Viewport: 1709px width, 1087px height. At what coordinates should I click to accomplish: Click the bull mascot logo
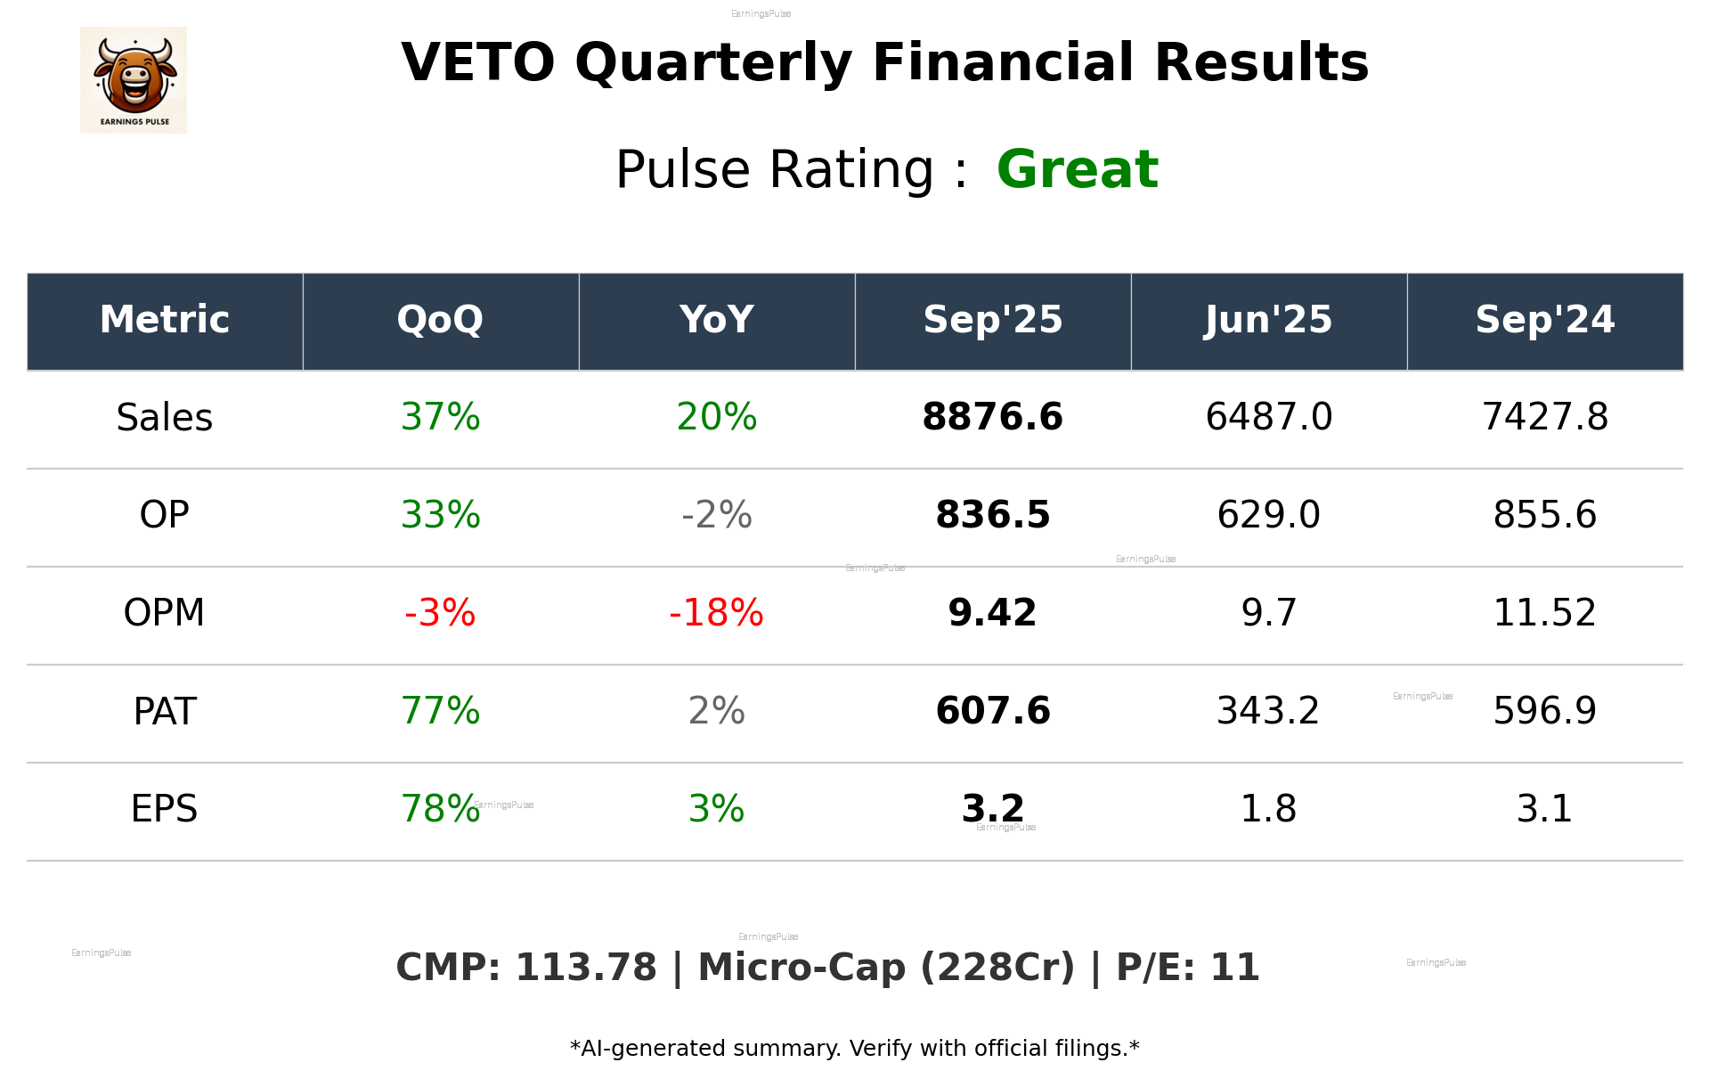tap(134, 79)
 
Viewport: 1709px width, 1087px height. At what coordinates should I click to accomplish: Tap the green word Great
tap(1077, 169)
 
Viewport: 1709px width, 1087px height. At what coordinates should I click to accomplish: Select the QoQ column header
tap(440, 320)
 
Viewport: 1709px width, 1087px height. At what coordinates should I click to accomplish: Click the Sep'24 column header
tap(1544, 320)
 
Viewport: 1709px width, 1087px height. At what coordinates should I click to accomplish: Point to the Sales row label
tap(165, 417)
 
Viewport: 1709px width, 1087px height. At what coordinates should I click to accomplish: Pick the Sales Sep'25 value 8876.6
tap(992, 417)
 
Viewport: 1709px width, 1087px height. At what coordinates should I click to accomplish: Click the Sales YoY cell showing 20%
tap(716, 417)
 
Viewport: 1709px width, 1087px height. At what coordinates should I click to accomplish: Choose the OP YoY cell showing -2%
tap(716, 515)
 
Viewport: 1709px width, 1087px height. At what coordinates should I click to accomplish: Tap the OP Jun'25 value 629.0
tap(1268, 515)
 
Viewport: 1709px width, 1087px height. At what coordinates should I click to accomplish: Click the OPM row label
tap(165, 613)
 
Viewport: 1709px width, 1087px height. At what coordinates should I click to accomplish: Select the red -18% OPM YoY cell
tap(716, 613)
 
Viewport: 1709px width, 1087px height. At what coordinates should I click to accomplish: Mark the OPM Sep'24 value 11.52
tap(1544, 613)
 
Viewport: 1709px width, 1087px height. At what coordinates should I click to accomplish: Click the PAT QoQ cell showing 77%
tap(440, 711)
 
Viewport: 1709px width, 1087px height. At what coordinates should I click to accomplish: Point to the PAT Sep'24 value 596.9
tap(1544, 711)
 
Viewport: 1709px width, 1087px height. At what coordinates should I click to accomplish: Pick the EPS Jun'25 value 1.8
tap(1268, 809)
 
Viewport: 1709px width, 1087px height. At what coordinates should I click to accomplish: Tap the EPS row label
tap(165, 809)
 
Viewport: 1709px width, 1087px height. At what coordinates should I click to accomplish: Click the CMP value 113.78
tap(585, 968)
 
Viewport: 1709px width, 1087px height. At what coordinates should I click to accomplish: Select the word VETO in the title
tap(478, 63)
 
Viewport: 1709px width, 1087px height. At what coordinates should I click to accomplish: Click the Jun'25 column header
tap(1268, 320)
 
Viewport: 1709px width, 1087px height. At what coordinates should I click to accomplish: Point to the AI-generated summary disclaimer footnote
tap(854, 1049)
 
